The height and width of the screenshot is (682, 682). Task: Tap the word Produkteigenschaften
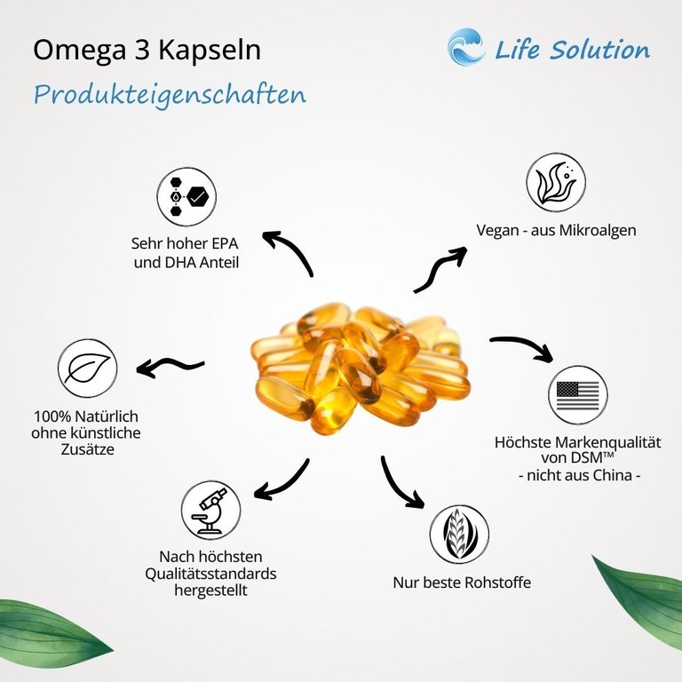pyautogui.click(x=170, y=94)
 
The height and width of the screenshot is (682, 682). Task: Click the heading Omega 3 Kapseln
pyautogui.click(x=147, y=50)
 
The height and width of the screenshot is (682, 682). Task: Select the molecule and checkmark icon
pyautogui.click(x=187, y=196)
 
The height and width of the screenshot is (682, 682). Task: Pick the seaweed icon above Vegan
pyautogui.click(x=556, y=183)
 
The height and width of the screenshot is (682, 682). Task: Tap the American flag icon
pyautogui.click(x=577, y=398)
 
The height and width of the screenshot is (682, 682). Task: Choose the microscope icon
pyautogui.click(x=210, y=510)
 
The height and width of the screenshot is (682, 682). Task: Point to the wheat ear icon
pyautogui.click(x=459, y=535)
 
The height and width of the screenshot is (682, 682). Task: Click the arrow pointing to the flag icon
pyautogui.click(x=522, y=346)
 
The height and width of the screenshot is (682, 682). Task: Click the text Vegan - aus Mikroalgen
pyautogui.click(x=556, y=230)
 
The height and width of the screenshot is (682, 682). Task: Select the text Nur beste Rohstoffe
pyautogui.click(x=462, y=583)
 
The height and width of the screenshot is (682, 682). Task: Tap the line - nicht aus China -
pyautogui.click(x=579, y=475)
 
